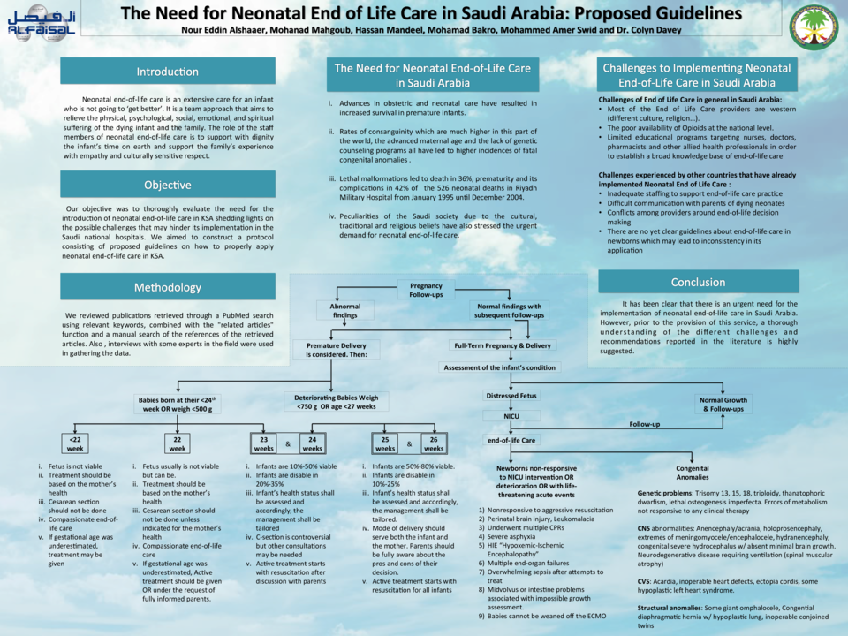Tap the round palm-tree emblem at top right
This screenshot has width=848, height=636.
pyautogui.click(x=813, y=26)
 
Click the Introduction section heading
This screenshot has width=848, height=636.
pyautogui.click(x=167, y=72)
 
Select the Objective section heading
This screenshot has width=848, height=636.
pyautogui.click(x=167, y=185)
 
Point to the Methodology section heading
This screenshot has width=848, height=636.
pyautogui.click(x=167, y=287)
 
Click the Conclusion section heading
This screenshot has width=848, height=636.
pyautogui.click(x=698, y=283)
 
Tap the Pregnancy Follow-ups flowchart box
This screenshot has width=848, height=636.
pyautogui.click(x=426, y=290)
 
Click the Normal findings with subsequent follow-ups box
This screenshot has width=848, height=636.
pyautogui.click(x=509, y=309)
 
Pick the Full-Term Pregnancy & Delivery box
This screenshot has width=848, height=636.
pyautogui.click(x=502, y=345)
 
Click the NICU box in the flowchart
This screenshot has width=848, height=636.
pyautogui.click(x=511, y=415)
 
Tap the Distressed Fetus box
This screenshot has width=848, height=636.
pyautogui.click(x=511, y=396)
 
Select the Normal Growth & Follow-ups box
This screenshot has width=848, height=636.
pyautogui.click(x=723, y=405)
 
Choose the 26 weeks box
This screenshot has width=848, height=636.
pyautogui.click(x=434, y=443)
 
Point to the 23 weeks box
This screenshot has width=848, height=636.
pyautogui.click(x=264, y=443)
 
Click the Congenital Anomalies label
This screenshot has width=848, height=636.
pyautogui.click(x=693, y=473)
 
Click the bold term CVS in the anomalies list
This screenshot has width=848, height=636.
pyautogui.click(x=646, y=581)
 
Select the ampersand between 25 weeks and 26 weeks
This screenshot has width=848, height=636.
pyautogui.click(x=409, y=443)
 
